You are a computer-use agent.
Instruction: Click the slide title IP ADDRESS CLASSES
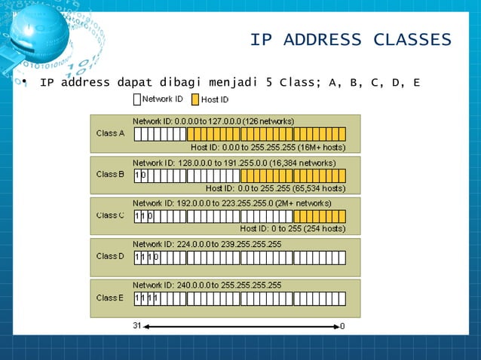click(350, 40)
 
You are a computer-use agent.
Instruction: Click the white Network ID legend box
click(136, 99)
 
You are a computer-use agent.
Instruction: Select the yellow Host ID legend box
click(195, 99)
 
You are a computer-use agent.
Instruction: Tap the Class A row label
click(110, 133)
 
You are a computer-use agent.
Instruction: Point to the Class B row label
click(110, 175)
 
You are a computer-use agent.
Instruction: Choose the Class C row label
click(110, 215)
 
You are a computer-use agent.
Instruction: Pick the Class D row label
click(110, 256)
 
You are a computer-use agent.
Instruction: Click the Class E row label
click(110, 297)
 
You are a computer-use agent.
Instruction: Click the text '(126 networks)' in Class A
click(268, 121)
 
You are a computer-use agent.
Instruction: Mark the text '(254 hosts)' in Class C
click(323, 229)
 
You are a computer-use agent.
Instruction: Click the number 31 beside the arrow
click(137, 327)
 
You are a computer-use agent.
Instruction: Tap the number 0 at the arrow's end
click(343, 327)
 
